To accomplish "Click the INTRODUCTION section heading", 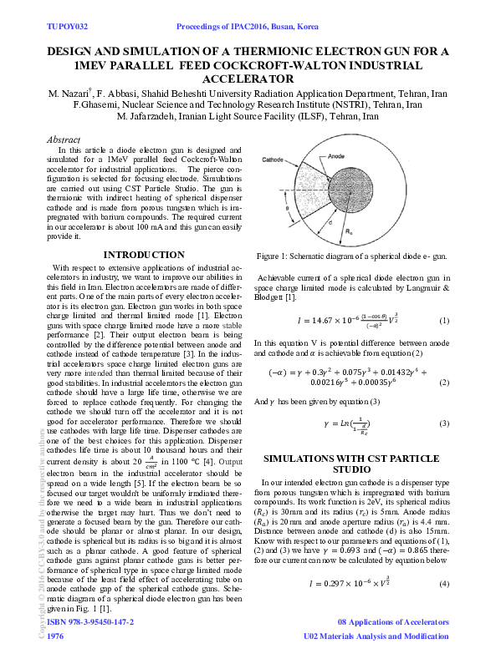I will (x=143, y=255).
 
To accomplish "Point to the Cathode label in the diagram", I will (x=273, y=159).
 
